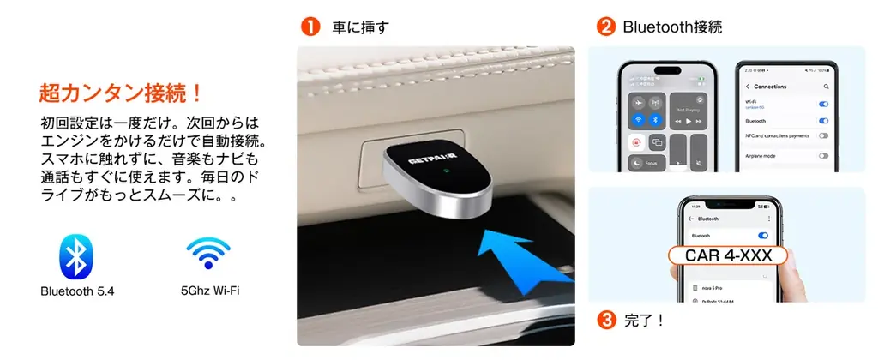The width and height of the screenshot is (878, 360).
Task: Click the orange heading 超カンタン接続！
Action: [x=120, y=91]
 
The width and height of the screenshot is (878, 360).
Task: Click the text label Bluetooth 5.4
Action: [x=77, y=291]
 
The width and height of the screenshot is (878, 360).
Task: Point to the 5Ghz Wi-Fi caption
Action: [x=210, y=291]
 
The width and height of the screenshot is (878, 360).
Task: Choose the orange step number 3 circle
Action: [x=606, y=321]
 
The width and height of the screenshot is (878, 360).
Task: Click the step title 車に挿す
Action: [x=361, y=27]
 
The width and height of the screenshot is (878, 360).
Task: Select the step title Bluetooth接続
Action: [x=672, y=27]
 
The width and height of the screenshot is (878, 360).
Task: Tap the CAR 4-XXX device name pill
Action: [x=720, y=255]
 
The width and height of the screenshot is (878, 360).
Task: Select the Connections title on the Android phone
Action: [x=770, y=87]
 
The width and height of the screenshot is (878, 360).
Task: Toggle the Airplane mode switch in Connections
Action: [x=823, y=155]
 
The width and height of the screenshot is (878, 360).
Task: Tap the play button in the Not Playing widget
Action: [x=689, y=122]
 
